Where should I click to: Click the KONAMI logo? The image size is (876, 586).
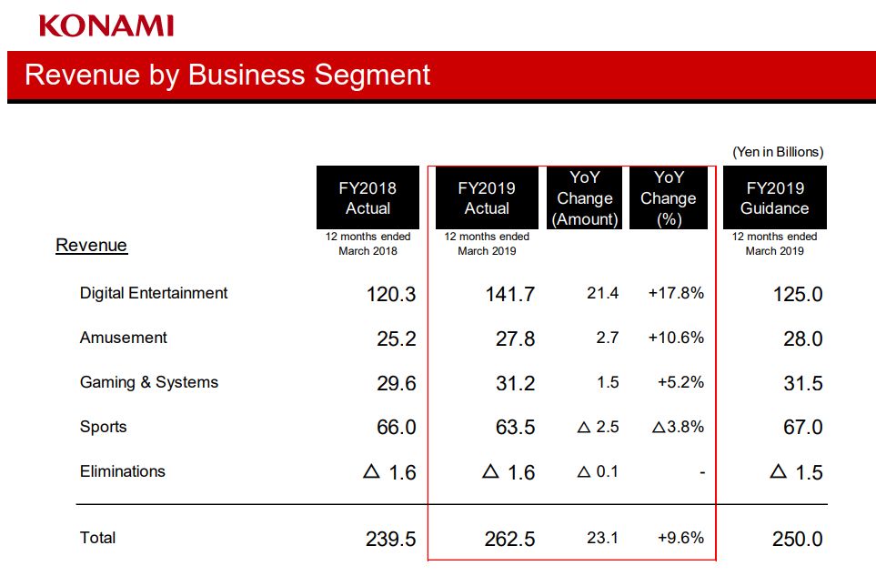tap(106, 25)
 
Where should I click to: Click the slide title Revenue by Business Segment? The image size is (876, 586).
tap(227, 75)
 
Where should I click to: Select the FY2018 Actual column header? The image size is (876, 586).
tap(368, 197)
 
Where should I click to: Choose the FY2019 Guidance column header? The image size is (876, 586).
tap(774, 197)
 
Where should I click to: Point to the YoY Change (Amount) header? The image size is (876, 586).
tap(584, 197)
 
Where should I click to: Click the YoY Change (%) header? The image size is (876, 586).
tap(668, 197)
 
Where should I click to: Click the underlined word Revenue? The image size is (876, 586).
tap(91, 245)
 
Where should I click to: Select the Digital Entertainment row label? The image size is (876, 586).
tap(154, 293)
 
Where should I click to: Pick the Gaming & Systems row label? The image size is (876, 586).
tap(149, 382)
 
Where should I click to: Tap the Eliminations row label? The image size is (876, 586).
tap(123, 471)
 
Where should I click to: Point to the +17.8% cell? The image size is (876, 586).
tap(676, 293)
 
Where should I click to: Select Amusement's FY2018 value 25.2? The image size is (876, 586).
tap(396, 338)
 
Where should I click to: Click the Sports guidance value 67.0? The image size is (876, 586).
tap(802, 428)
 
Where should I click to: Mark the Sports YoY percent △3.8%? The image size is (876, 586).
tap(678, 427)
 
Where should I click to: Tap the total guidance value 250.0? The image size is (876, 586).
tap(798, 539)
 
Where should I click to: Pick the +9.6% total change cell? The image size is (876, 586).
tap(680, 538)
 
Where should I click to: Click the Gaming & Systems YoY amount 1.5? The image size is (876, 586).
tap(608, 382)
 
